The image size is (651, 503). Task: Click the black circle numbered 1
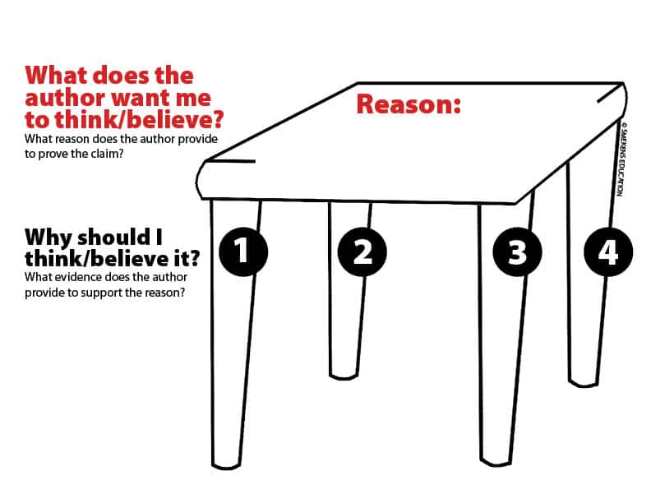(243, 252)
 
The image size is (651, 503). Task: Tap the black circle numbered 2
(362, 252)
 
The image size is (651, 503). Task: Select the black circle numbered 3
(517, 252)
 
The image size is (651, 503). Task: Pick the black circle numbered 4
(608, 252)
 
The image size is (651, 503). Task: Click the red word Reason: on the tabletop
(409, 104)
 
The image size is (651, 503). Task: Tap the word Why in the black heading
(48, 238)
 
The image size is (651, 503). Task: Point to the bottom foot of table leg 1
(226, 464)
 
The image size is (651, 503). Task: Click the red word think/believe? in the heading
(140, 120)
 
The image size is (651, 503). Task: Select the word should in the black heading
(113, 238)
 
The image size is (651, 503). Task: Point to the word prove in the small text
(53, 155)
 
